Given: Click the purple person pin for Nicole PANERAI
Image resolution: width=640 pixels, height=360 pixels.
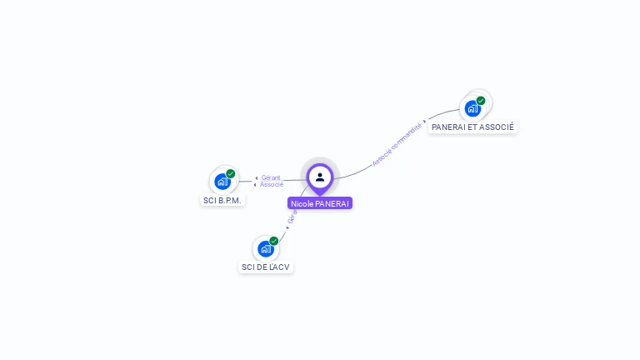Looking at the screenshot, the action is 320,177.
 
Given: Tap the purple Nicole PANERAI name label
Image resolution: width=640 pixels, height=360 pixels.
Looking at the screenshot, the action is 320,203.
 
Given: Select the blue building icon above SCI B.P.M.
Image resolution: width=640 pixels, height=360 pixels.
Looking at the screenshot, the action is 222,181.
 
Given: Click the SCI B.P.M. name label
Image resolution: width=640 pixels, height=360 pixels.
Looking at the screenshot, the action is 223,201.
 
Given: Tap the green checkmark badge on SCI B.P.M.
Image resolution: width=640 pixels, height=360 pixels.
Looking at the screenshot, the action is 231,173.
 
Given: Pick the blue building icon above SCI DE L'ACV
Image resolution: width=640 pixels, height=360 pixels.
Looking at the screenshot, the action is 266,248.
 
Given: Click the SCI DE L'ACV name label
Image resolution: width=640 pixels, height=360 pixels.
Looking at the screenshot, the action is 267,267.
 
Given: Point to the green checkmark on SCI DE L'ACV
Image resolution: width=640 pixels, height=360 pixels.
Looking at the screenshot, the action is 273,241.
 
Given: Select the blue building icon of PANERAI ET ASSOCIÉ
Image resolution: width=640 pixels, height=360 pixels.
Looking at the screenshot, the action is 472,108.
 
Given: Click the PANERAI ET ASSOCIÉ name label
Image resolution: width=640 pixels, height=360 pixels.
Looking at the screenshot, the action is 472,127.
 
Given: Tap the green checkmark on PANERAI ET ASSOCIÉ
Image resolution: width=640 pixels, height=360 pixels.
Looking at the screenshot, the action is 481,101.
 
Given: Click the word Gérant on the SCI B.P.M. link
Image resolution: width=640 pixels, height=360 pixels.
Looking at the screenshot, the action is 271,177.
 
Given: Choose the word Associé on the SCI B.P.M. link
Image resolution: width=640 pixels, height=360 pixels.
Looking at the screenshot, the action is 272,184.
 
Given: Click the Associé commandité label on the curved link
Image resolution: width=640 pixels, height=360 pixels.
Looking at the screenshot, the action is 397,142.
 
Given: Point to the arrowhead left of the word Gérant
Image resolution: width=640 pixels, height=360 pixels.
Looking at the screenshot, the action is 257,177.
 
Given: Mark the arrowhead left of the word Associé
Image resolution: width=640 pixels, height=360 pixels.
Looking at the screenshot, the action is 256,184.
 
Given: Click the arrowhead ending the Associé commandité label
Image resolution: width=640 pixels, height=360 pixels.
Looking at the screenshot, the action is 425,121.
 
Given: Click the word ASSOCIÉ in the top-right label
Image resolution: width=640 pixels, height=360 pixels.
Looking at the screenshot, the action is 497,127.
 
